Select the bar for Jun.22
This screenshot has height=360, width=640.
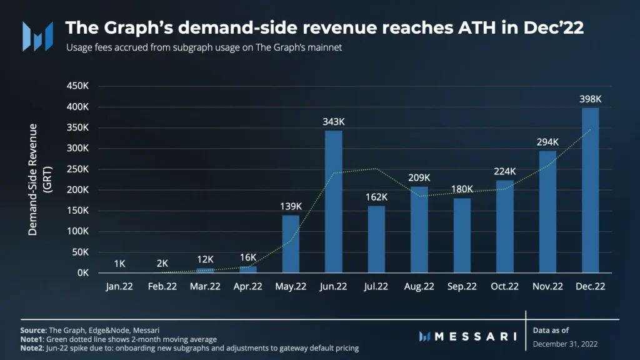click(334, 202)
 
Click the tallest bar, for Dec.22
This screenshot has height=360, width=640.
click(590, 191)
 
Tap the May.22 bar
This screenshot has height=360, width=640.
click(291, 244)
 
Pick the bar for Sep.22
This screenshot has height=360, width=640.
click(462, 236)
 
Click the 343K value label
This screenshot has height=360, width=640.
click(334, 121)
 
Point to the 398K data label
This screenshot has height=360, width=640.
click(590, 99)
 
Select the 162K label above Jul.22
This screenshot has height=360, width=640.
click(376, 197)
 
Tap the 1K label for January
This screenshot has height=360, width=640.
click(119, 263)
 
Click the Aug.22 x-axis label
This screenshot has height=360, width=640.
click(419, 287)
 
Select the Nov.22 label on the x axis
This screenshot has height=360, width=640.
click(547, 287)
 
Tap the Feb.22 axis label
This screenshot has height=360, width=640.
click(162, 287)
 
